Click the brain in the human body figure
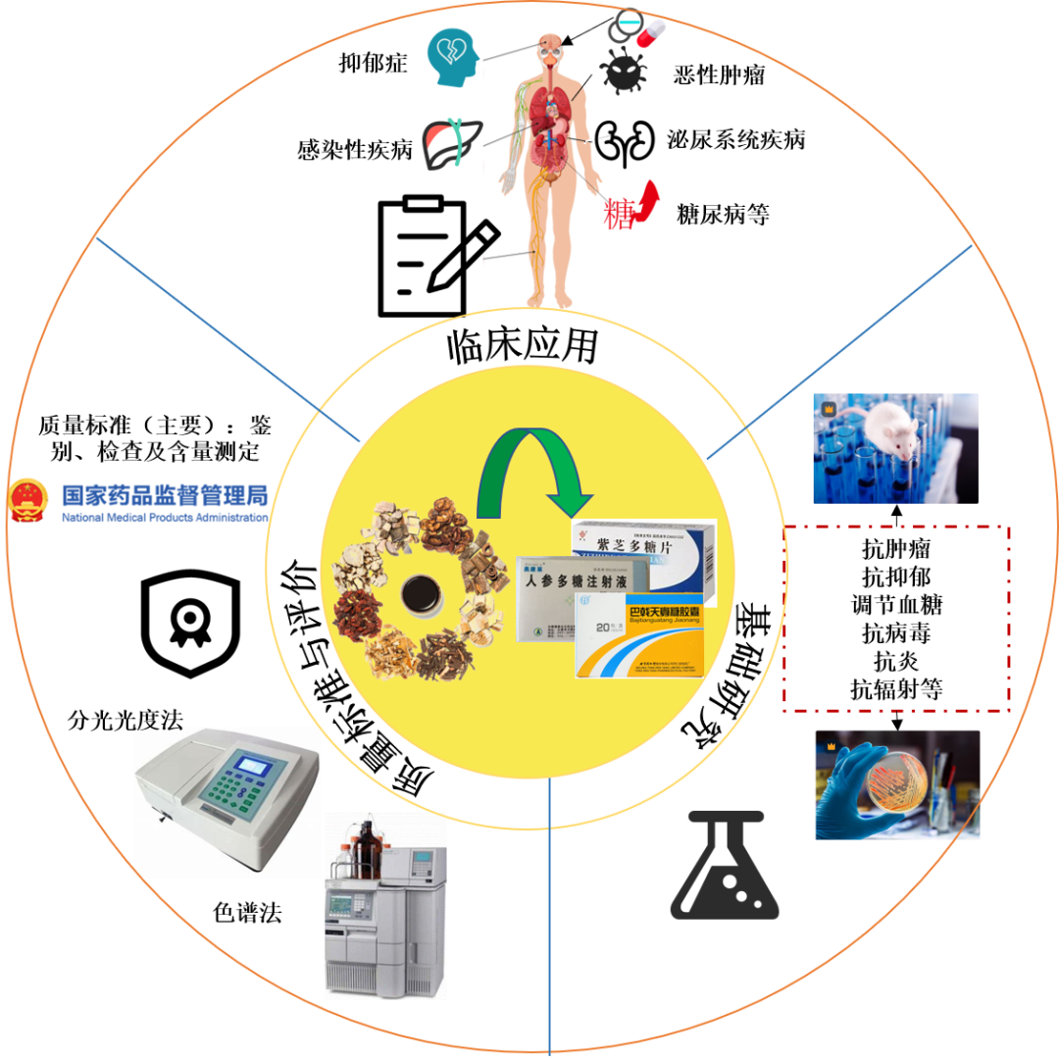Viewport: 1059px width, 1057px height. click(x=549, y=42)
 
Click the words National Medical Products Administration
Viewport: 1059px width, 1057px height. click(x=165, y=518)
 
